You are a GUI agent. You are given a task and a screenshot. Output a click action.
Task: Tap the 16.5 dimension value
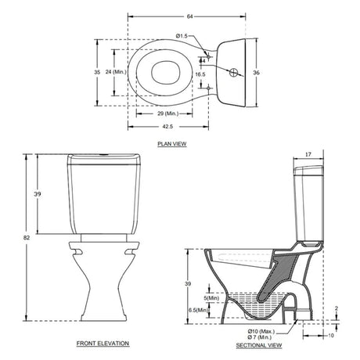[200, 75]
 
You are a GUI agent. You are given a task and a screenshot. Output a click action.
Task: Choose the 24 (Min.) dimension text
[117, 71]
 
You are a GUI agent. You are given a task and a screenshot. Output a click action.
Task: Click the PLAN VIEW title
[171, 145]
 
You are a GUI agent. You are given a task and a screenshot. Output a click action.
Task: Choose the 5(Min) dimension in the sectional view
[211, 297]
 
